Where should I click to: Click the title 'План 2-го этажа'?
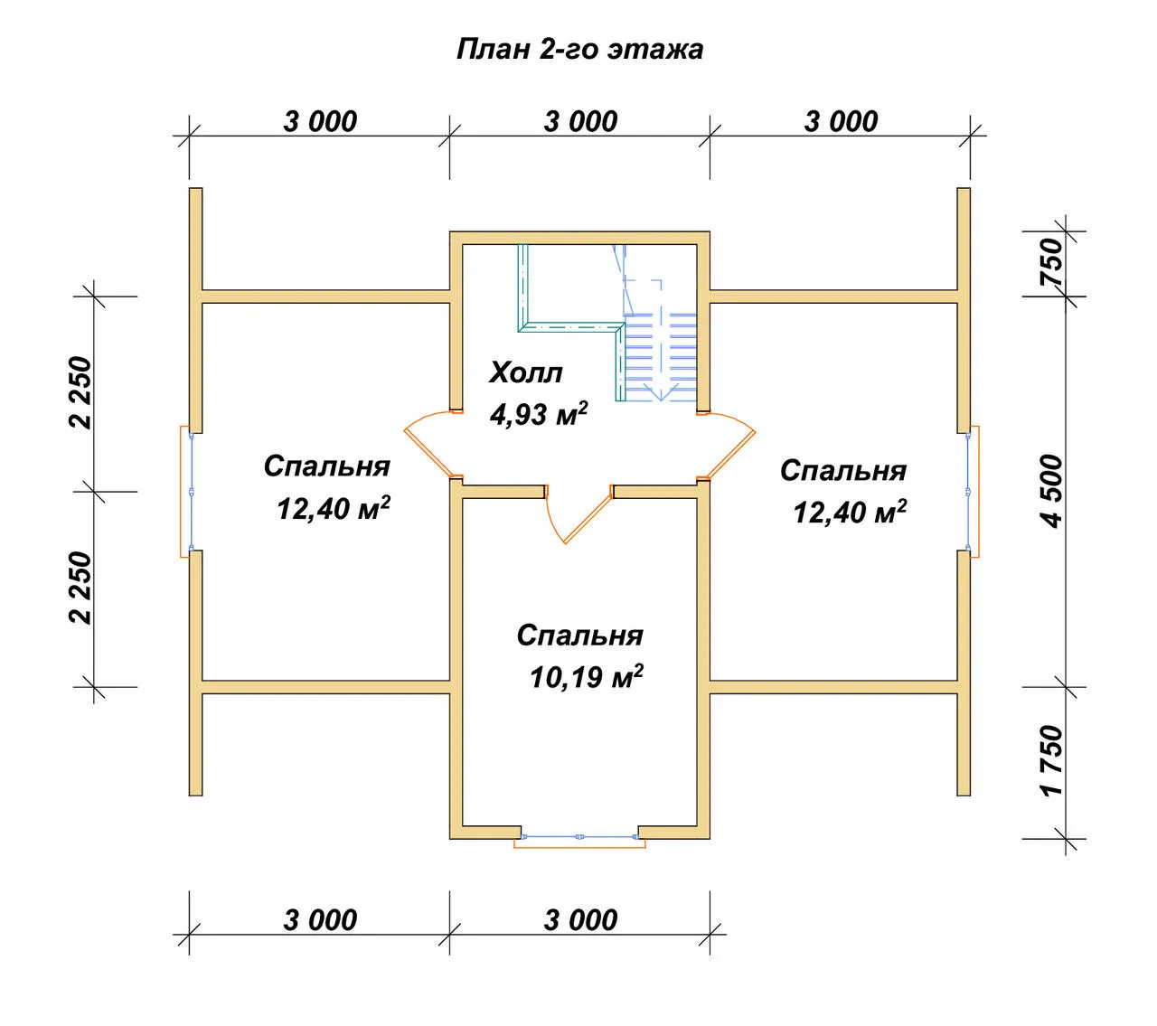pyautogui.click(x=579, y=49)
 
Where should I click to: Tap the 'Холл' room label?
pyautogui.click(x=525, y=372)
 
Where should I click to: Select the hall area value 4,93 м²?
pyautogui.click(x=539, y=414)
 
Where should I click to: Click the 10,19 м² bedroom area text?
pyautogui.click(x=586, y=677)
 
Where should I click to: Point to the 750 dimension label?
pyautogui.click(x=1051, y=263)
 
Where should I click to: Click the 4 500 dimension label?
pyautogui.click(x=1051, y=491)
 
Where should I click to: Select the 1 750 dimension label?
pyautogui.click(x=1051, y=761)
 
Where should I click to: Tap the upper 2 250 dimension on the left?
pyautogui.click(x=80, y=392)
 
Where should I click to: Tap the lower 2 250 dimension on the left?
pyautogui.click(x=80, y=588)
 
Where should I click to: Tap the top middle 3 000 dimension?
pyautogui.click(x=580, y=122)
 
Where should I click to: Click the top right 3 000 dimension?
pyautogui.click(x=841, y=122)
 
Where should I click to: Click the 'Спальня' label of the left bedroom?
pyautogui.click(x=326, y=466)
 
